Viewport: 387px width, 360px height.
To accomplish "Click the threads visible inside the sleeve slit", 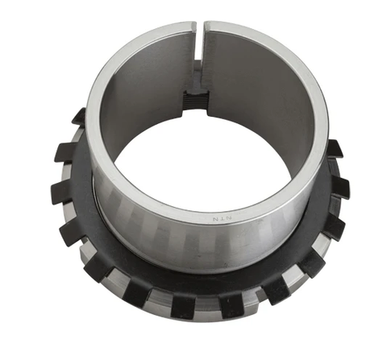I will coord(196,101).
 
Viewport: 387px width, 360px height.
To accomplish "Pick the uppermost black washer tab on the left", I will coord(78,118).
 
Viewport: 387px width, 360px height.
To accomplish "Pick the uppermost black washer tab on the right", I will coord(332,148).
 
